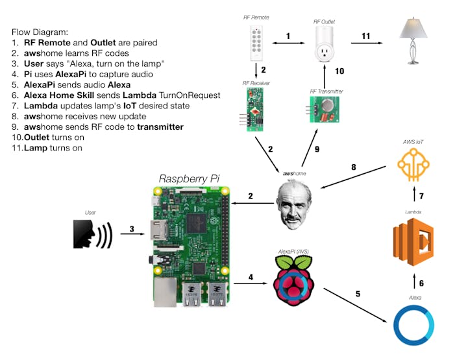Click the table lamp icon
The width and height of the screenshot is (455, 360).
413,40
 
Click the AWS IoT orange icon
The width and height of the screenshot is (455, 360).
414,166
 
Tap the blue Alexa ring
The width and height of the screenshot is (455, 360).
414,322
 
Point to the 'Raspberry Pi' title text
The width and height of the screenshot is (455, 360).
190,178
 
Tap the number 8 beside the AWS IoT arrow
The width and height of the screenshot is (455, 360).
353,167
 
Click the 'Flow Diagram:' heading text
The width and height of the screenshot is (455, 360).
40,32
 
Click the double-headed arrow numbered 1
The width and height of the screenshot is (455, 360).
288,43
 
